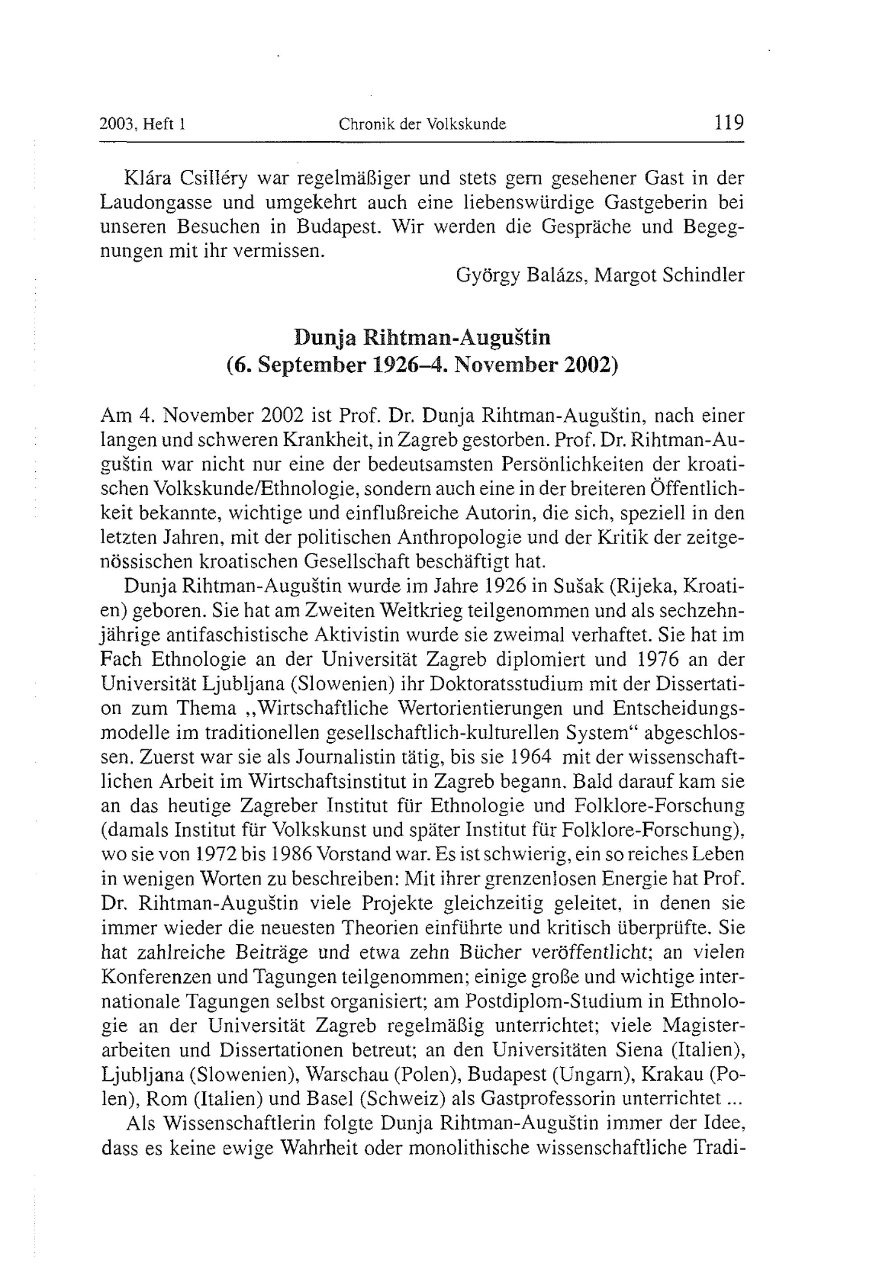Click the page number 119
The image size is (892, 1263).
click(x=729, y=122)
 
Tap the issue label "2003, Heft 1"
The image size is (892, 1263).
click(x=142, y=124)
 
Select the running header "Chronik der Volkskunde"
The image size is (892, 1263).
click(x=422, y=124)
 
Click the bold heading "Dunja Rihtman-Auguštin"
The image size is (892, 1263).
click(x=422, y=337)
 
